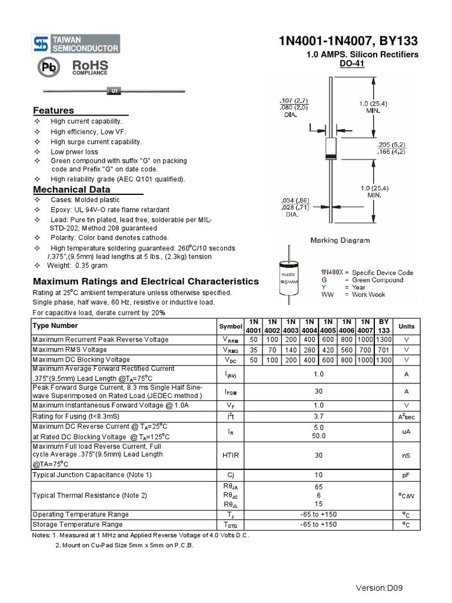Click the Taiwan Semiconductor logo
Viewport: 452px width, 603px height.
coord(76,44)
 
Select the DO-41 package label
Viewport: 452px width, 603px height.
coord(352,64)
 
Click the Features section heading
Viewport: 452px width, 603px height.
coord(54,111)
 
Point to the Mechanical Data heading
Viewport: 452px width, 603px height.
coord(71,190)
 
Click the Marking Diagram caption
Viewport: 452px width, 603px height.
coord(340,240)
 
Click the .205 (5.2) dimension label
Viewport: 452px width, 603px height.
coord(391,144)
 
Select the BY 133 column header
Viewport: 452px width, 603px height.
coord(384,326)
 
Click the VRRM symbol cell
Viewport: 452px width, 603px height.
coord(230,340)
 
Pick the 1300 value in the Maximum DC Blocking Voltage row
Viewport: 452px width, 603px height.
coord(384,360)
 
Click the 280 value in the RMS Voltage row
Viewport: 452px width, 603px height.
coord(310,350)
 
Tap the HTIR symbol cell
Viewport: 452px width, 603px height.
coord(230,455)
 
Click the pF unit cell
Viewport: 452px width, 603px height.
coord(406,475)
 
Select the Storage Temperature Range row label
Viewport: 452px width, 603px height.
coord(78,524)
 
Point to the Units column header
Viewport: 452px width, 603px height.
coord(406,326)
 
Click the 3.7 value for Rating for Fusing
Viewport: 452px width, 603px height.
coord(318,416)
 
